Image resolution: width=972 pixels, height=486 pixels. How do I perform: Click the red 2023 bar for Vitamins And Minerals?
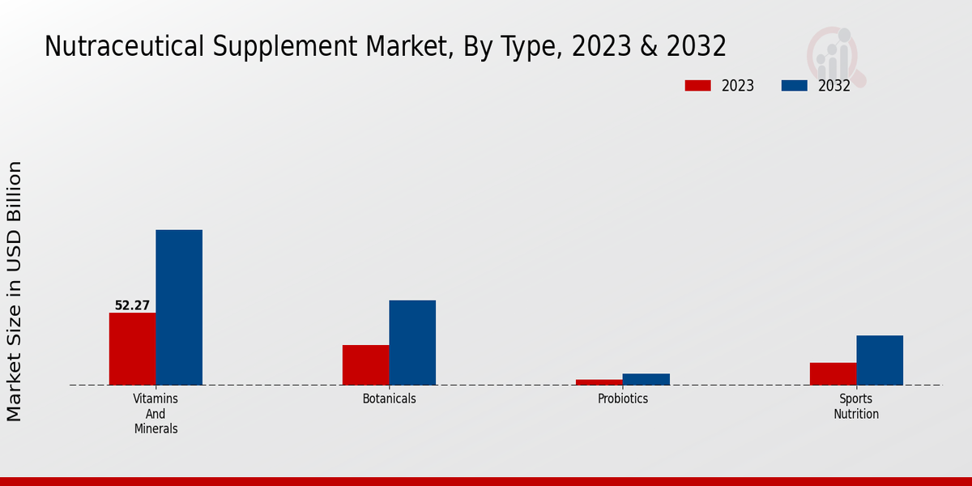(x=132, y=348)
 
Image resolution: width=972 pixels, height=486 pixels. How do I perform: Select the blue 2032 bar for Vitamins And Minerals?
(x=179, y=307)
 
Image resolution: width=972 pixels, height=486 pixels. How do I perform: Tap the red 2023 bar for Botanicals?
(x=365, y=364)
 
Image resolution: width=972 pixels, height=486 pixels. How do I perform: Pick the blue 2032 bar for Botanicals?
(x=412, y=343)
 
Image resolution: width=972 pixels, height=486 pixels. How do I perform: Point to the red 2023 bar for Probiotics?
(x=599, y=382)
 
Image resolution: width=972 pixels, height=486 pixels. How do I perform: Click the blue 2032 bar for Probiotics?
(x=646, y=379)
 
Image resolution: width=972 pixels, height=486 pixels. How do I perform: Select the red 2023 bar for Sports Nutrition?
(x=833, y=373)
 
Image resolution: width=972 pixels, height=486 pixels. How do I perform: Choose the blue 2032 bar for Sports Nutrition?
(x=880, y=360)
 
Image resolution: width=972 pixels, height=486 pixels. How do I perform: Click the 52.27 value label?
(x=132, y=305)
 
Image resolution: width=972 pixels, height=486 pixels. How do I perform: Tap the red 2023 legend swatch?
(x=697, y=86)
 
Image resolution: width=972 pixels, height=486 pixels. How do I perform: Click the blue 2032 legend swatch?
(x=794, y=86)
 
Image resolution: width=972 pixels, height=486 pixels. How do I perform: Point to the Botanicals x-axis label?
(x=389, y=399)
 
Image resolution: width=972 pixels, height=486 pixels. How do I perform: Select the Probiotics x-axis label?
(x=622, y=399)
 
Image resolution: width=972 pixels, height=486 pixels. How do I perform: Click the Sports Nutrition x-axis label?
(x=856, y=406)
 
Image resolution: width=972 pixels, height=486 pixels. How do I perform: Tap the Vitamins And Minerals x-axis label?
(x=156, y=413)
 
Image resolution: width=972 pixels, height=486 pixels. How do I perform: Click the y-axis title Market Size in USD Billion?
(x=15, y=292)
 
